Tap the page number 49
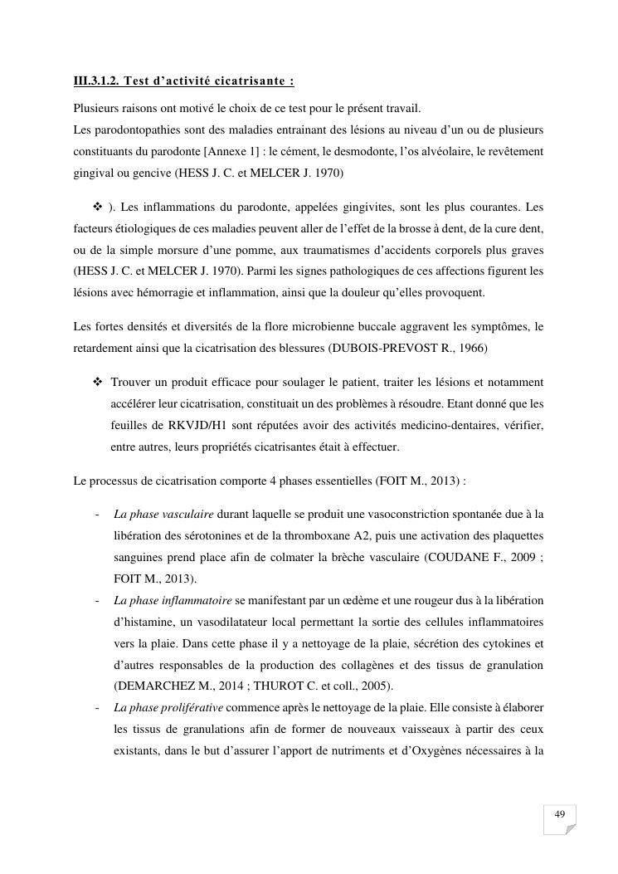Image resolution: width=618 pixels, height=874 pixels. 559,814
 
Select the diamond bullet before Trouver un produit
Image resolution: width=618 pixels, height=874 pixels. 98,381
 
